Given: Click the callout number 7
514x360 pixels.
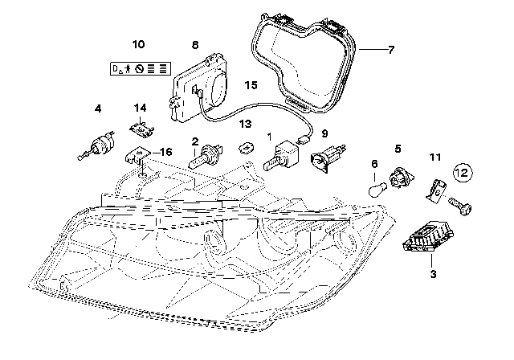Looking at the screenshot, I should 390,50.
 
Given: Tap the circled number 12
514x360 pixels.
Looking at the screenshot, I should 461,171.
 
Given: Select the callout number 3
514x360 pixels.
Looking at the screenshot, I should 432,275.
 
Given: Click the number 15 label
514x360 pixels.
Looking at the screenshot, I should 251,84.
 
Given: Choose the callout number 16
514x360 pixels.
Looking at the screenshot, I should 165,151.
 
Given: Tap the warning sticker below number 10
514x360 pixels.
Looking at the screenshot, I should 138,70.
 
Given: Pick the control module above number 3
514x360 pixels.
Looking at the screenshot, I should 424,235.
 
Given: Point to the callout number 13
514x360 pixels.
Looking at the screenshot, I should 245,125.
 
